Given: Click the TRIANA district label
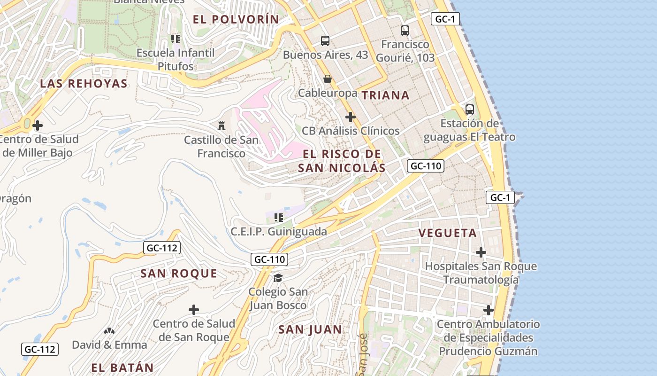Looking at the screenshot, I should coord(385,95).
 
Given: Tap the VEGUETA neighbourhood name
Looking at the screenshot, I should coord(447,233).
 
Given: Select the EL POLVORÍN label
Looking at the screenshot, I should coord(236,19).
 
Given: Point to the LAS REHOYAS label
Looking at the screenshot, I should coord(84,84).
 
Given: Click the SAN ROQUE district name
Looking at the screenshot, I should coord(179,274).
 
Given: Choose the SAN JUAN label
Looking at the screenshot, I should coord(310,329).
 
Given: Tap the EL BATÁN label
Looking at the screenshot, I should coord(122,368).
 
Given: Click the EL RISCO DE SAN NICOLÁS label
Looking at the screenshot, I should coord(342,161).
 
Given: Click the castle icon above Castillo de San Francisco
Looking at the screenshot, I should coord(222,125).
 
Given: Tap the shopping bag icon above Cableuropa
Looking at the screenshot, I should coord(328,79).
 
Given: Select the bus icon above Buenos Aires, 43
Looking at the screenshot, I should coord(325,41).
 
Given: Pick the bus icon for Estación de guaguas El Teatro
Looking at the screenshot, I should coord(470,110).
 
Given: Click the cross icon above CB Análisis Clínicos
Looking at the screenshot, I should coord(350,117).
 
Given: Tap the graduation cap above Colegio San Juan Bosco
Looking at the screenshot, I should coord(278,278).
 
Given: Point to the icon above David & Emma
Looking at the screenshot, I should coord(109,331).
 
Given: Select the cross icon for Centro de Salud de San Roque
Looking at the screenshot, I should coord(193,310).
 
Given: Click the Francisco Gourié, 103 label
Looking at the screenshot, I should coord(405,51).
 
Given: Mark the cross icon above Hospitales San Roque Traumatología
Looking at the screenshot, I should coord(481,252).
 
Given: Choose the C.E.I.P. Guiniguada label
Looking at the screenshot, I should coord(279,232).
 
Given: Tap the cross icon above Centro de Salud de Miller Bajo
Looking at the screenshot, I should coord(38,125).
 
